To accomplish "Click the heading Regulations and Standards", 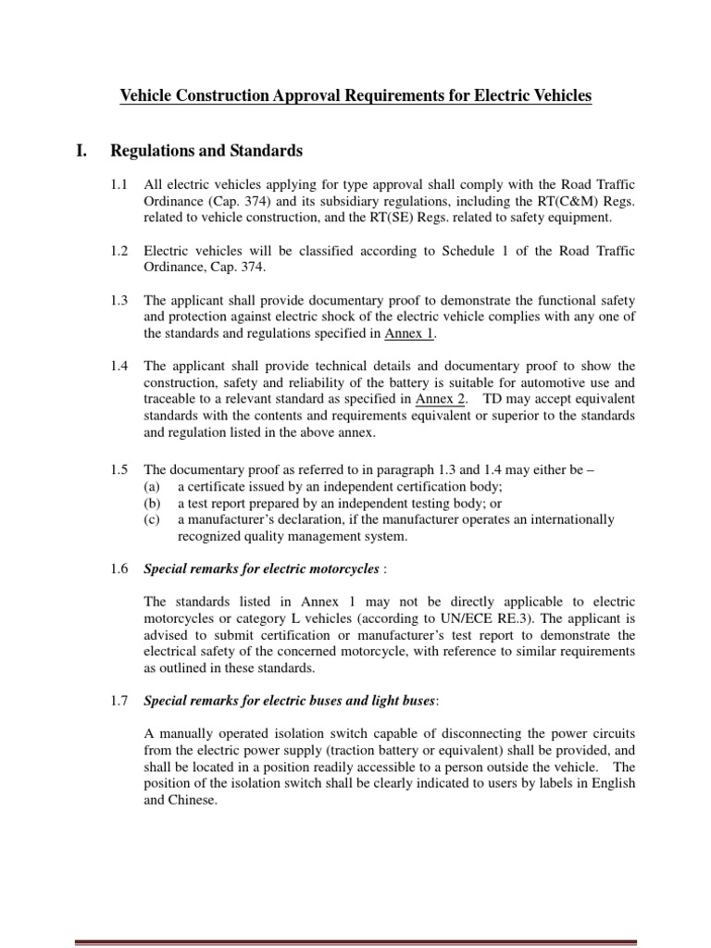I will point(206,150).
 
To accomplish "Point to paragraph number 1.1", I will point(120,185).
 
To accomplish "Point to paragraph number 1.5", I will point(120,470).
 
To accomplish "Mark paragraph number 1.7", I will point(120,704).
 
